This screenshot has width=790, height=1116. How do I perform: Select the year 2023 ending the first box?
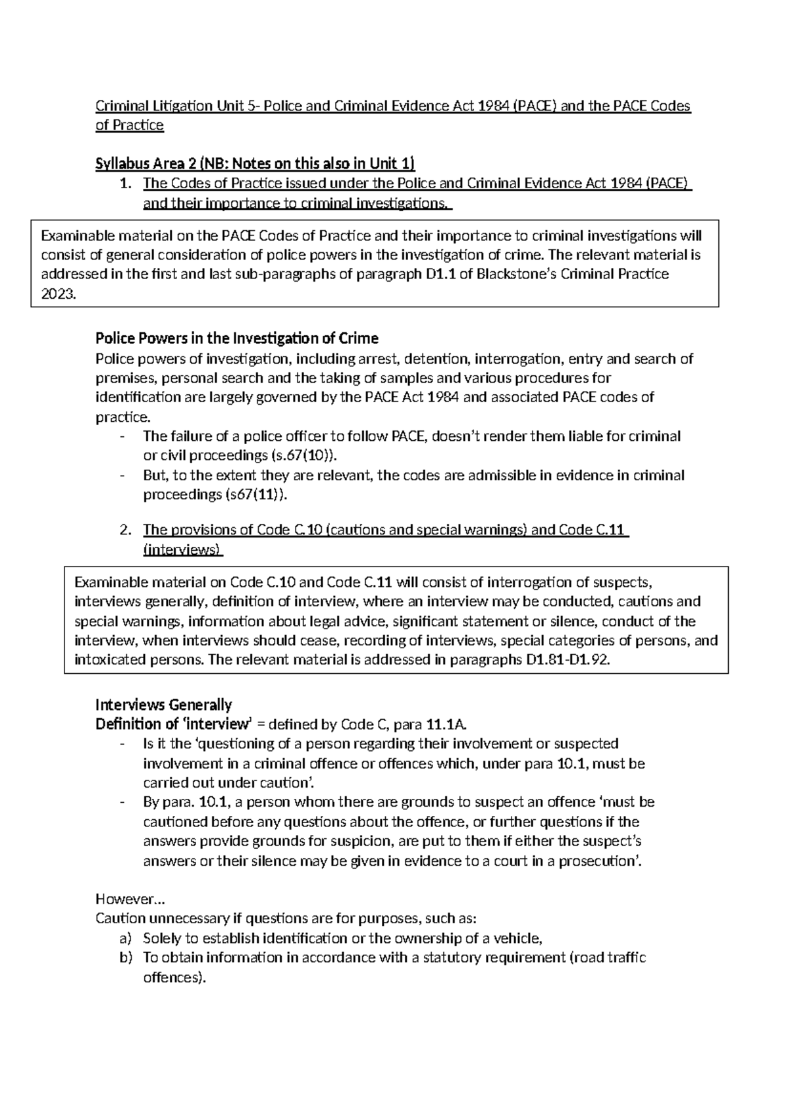tap(58, 294)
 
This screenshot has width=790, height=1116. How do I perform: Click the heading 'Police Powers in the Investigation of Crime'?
tap(236, 339)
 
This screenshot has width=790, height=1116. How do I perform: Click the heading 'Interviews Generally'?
tap(163, 705)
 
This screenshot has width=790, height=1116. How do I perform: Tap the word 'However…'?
tap(122, 899)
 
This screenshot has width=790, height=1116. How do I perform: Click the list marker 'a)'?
tap(126, 938)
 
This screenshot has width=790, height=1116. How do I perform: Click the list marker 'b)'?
tap(126, 958)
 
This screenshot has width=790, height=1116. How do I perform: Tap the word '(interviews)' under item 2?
tap(182, 549)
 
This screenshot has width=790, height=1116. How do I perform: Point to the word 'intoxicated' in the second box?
tap(105, 660)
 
